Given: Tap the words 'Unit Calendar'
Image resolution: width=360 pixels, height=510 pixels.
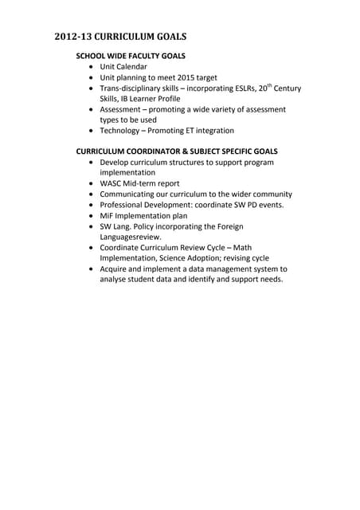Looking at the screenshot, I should pos(123,67).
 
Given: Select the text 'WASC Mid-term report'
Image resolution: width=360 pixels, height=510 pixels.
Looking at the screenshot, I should pos(139,183).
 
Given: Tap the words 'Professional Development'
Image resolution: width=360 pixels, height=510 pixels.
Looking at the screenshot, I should pos(149,205).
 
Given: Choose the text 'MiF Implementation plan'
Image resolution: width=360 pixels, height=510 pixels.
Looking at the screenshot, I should pos(143,215).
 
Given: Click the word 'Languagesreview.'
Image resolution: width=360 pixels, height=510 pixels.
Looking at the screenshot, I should pos(131,237).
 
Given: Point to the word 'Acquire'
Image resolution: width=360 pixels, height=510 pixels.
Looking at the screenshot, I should pos(115,269).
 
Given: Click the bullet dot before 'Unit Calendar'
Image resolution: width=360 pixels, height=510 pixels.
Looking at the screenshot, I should pos(92,67).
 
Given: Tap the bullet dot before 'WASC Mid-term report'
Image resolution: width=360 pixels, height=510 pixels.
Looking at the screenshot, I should pos(92,183).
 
